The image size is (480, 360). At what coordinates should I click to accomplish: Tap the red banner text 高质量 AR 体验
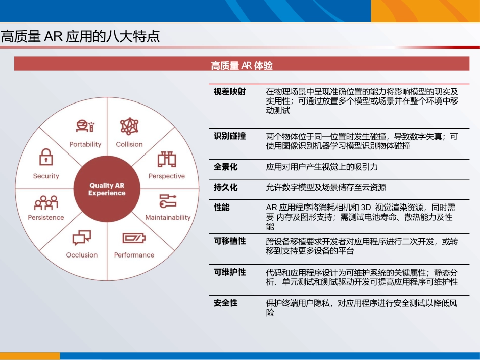(x=242, y=66)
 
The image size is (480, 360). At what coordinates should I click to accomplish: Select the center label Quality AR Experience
(x=107, y=189)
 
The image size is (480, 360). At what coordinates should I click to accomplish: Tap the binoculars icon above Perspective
(x=166, y=160)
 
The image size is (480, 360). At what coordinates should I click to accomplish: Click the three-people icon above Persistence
(x=46, y=202)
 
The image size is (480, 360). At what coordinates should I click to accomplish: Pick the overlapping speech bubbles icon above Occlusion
(x=81, y=237)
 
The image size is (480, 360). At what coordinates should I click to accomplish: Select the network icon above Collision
(x=129, y=126)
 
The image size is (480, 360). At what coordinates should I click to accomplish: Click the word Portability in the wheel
(x=85, y=144)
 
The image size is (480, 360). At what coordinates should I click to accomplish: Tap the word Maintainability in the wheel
(x=168, y=218)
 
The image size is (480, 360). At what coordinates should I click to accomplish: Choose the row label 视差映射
(x=229, y=92)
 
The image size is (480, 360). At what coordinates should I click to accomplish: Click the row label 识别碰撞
(x=229, y=136)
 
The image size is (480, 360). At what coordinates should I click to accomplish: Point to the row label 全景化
(x=225, y=167)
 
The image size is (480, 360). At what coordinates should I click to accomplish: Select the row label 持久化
(x=225, y=187)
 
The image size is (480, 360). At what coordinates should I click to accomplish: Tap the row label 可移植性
(x=229, y=241)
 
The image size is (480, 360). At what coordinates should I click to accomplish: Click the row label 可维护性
(x=229, y=272)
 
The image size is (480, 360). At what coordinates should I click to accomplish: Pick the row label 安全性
(x=225, y=303)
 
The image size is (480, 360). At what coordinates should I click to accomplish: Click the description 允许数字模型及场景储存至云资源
(x=326, y=188)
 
